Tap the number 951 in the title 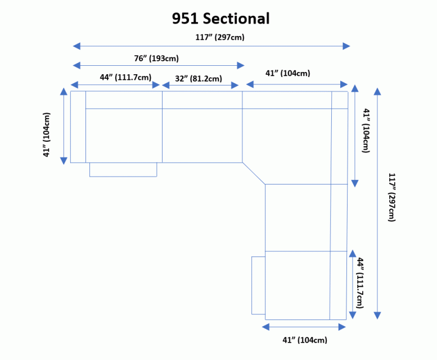click(186, 19)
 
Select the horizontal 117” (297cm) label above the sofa click(211, 37)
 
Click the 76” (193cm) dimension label click(156, 58)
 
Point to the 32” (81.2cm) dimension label click(199, 78)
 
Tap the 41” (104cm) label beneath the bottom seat click(305, 340)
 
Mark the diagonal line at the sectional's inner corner click(254, 173)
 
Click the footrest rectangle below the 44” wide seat click(123, 169)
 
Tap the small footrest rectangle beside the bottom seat click(258, 285)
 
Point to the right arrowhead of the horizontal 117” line click(346, 46)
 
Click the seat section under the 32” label click(202, 135)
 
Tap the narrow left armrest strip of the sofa click(78, 127)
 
